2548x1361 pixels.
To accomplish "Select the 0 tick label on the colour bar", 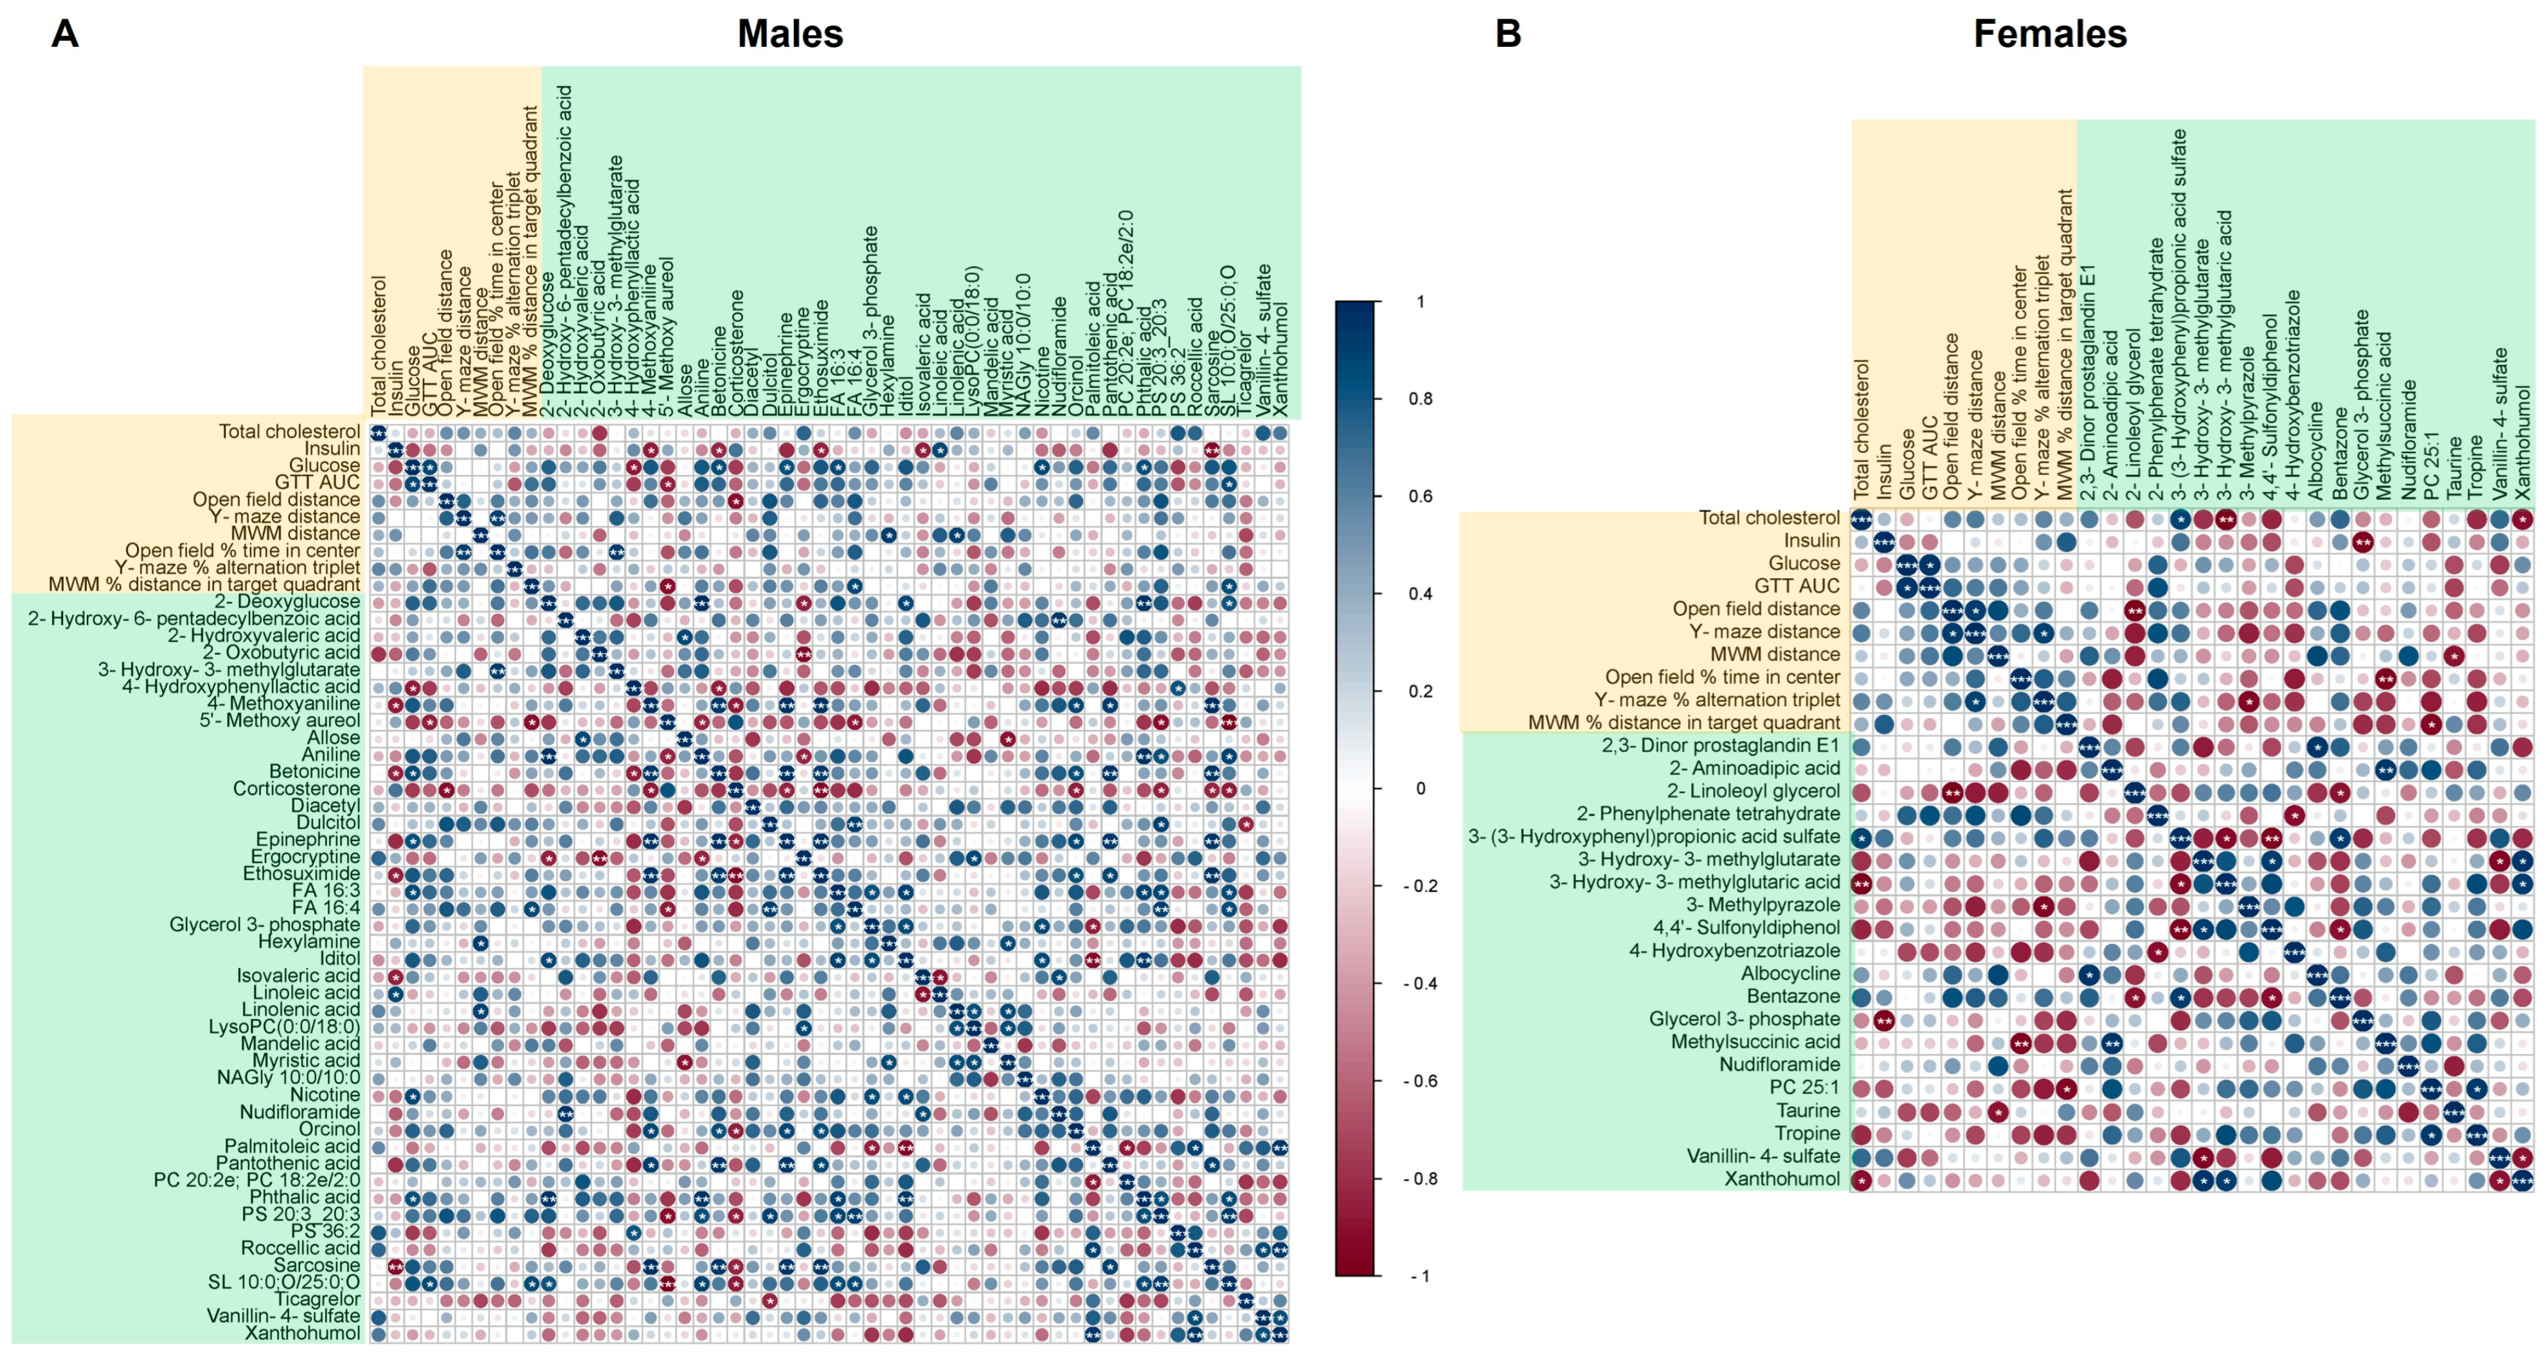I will coord(1421,788).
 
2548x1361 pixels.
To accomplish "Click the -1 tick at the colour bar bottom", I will coord(1419,1276).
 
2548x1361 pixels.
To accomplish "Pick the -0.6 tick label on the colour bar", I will coord(1419,1081).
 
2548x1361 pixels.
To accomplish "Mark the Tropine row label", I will coord(1807,1132).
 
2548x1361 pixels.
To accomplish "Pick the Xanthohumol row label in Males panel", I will coord(303,1332).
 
